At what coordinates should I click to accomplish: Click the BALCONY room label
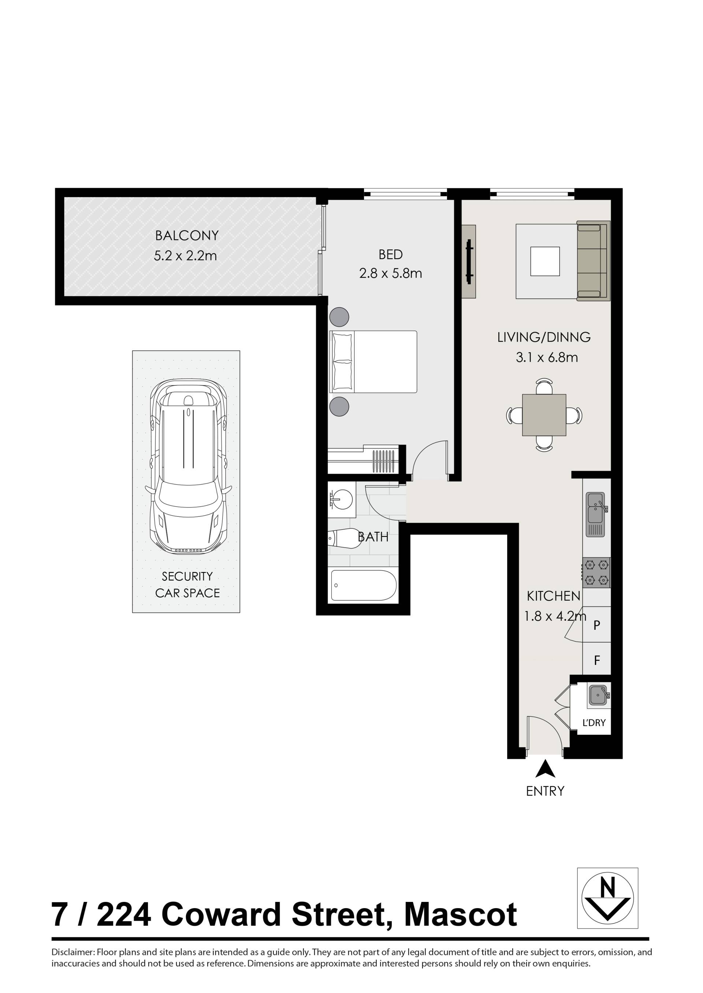[x=187, y=236]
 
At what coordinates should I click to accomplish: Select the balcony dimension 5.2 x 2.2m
[x=185, y=256]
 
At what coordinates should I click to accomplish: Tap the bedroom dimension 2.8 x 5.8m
[x=390, y=273]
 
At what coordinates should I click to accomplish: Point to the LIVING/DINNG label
[x=544, y=337]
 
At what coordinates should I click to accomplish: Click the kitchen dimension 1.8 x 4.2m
[x=555, y=616]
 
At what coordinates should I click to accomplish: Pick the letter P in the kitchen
[x=596, y=625]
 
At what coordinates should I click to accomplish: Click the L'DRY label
[x=594, y=722]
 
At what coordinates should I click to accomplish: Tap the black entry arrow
[x=546, y=768]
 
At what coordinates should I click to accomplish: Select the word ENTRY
[x=545, y=791]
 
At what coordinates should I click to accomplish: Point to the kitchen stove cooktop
[x=596, y=572]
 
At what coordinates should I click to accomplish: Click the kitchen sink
[x=596, y=515]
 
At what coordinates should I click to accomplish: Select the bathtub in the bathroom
[x=364, y=585]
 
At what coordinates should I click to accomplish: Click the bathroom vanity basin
[x=342, y=499]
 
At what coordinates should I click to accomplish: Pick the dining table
[x=544, y=415]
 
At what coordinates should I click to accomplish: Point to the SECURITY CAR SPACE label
[x=187, y=584]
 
